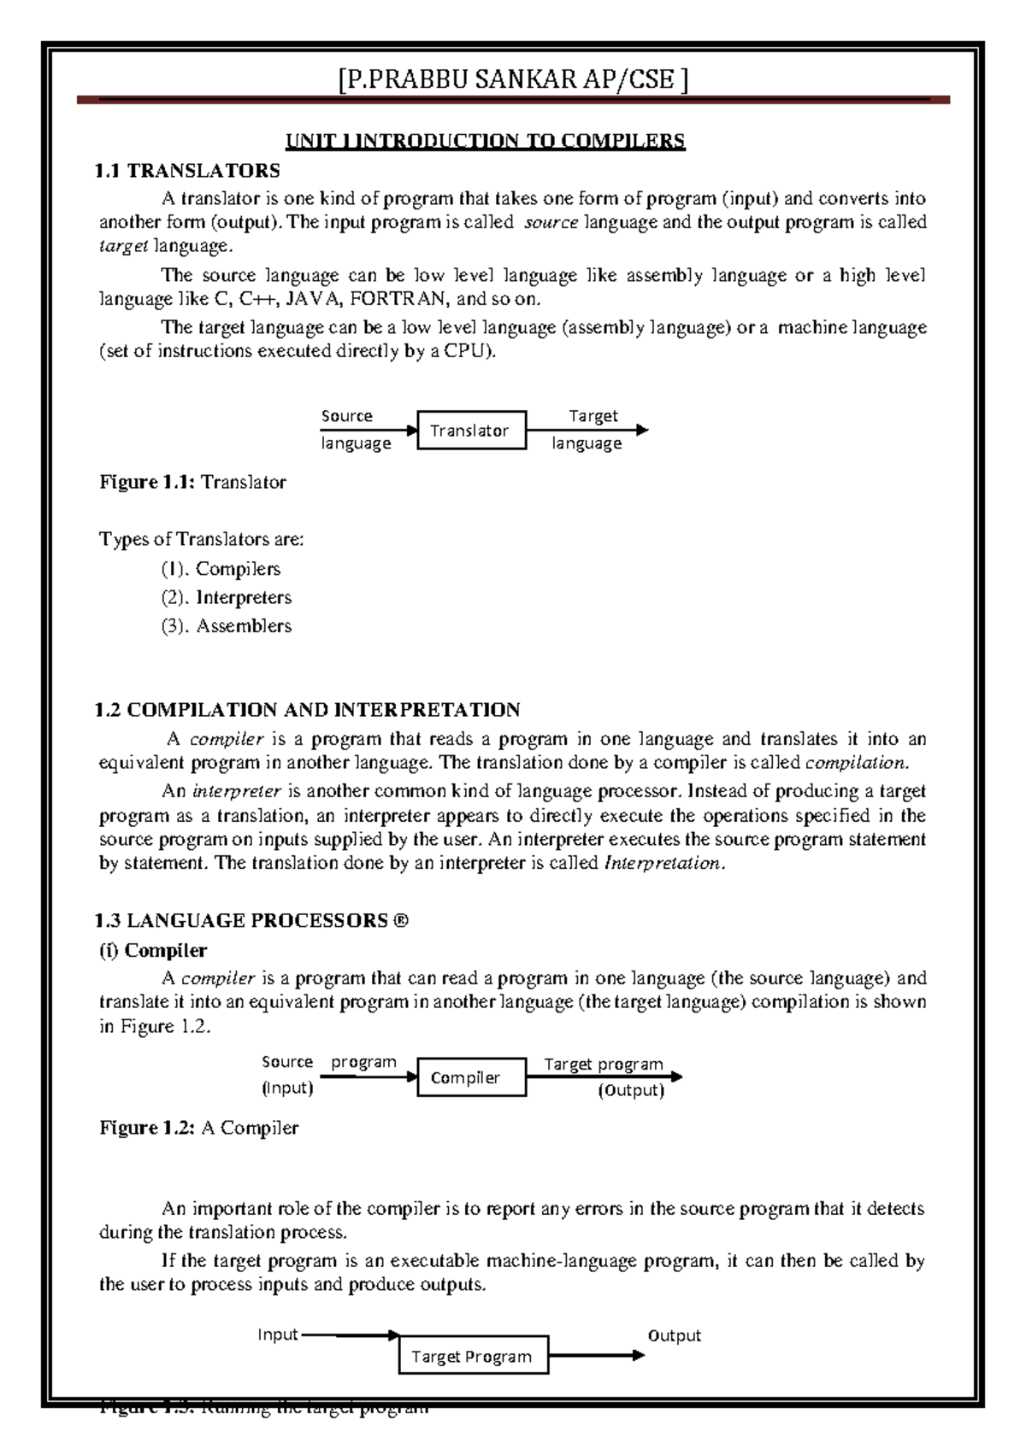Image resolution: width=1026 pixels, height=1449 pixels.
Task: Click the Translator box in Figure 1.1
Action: [471, 430]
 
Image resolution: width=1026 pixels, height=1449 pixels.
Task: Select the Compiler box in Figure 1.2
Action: [471, 1077]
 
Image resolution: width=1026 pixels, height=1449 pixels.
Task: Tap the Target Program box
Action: [473, 1356]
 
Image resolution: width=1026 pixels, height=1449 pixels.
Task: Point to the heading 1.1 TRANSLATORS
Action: [187, 171]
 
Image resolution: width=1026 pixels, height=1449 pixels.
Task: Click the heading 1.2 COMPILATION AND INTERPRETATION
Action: [307, 710]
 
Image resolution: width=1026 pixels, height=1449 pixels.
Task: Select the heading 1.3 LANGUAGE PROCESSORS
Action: [251, 920]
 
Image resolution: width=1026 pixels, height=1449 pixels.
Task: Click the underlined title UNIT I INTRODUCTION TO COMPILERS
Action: [485, 141]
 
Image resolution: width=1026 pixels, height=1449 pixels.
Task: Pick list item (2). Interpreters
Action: [227, 597]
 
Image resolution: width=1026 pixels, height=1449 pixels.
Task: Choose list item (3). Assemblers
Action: [227, 625]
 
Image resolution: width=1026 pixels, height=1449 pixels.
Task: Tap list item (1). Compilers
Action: [221, 568]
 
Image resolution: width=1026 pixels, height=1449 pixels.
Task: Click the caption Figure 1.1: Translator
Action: [193, 482]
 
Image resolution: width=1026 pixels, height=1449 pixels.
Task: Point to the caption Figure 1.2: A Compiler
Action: [199, 1128]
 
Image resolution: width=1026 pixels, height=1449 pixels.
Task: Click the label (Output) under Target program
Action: [631, 1090]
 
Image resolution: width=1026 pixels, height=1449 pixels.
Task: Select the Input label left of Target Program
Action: [278, 1335]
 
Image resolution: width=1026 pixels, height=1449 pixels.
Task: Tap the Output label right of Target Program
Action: [674, 1335]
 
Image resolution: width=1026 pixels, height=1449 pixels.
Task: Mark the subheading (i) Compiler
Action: [154, 950]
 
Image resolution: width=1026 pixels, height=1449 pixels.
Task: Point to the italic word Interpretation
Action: [664, 863]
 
